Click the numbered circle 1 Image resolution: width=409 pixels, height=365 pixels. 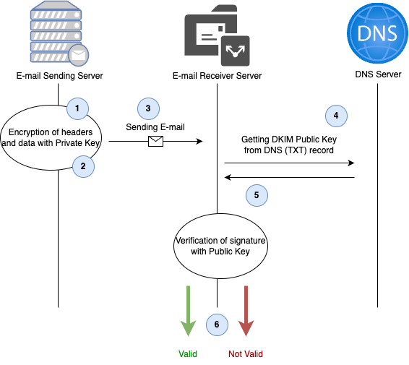pos(77,108)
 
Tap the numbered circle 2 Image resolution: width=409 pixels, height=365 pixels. pos(83,166)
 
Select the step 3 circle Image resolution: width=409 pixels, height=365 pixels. pos(148,108)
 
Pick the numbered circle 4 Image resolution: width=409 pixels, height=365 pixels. pos(335,115)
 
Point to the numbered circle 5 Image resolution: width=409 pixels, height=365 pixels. pos(257,194)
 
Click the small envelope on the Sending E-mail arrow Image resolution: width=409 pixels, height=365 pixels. pos(155,142)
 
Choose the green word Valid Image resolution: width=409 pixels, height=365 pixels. pos(188,354)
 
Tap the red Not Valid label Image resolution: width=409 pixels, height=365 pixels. pos(246,354)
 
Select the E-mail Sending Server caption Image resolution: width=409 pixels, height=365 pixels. pos(59,76)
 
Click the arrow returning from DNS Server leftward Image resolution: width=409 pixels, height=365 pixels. pos(289,177)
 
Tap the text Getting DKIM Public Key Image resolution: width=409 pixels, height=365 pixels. pos(289,139)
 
